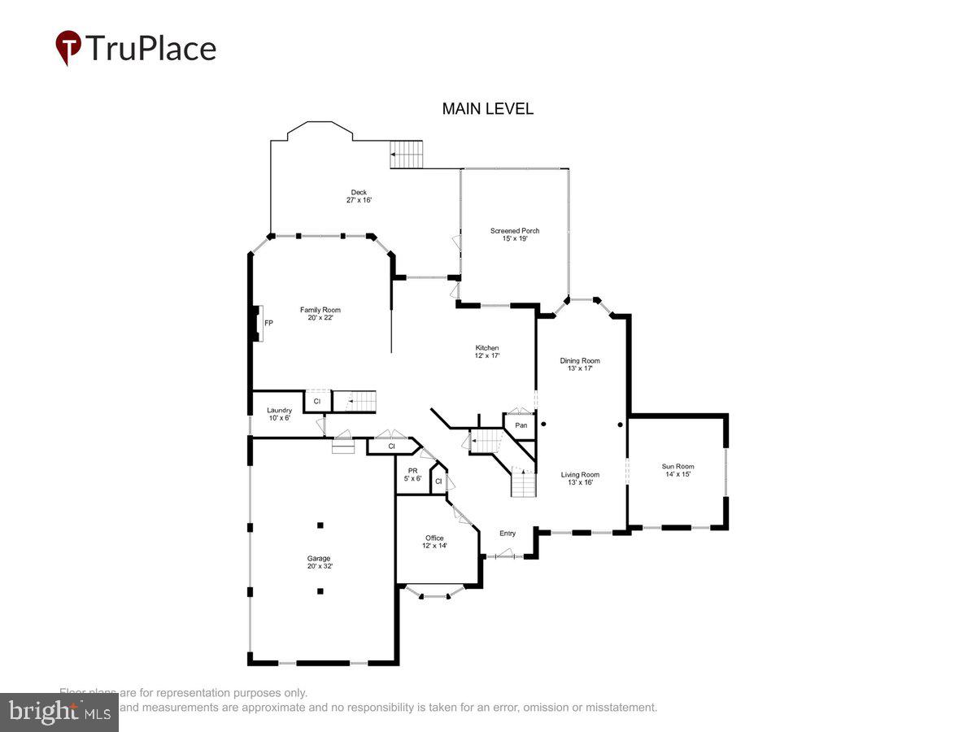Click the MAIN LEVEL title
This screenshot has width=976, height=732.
(x=487, y=109)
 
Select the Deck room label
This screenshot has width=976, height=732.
(x=359, y=193)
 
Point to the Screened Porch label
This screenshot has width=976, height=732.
(x=514, y=231)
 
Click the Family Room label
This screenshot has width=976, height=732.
(x=320, y=310)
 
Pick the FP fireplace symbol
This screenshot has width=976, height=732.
(x=259, y=323)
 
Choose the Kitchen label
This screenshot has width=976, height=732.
(x=487, y=348)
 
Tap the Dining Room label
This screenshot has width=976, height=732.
(x=579, y=360)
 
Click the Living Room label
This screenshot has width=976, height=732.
(x=579, y=475)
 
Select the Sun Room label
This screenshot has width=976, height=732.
(x=678, y=467)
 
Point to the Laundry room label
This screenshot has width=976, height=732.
(x=279, y=411)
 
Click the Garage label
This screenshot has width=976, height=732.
(x=318, y=559)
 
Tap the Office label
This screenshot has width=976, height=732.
(x=434, y=538)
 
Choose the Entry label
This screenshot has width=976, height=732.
(x=508, y=534)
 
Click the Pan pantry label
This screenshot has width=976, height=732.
(x=521, y=425)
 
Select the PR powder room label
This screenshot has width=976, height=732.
(x=412, y=471)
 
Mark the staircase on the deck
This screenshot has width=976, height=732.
(x=407, y=155)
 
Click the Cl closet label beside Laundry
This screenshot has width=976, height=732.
(x=317, y=402)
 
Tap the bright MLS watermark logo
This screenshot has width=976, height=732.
(x=59, y=712)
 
